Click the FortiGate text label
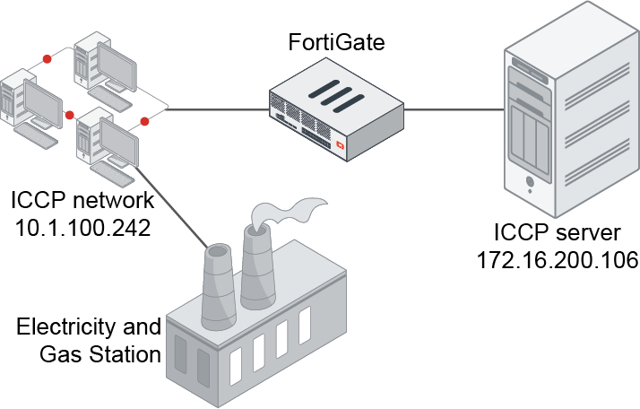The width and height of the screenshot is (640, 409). pyautogui.click(x=337, y=41)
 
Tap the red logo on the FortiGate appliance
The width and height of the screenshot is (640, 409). pyautogui.click(x=341, y=144)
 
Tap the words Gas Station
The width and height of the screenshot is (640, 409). pyautogui.click(x=100, y=353)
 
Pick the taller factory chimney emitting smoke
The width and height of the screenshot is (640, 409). pyautogui.click(x=255, y=269)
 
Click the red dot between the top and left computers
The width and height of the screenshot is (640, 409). pyautogui.click(x=45, y=59)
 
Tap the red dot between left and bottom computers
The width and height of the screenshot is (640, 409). pyautogui.click(x=69, y=115)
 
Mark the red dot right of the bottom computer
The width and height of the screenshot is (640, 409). pyautogui.click(x=143, y=121)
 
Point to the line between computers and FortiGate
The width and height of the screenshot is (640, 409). pyautogui.click(x=215, y=110)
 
